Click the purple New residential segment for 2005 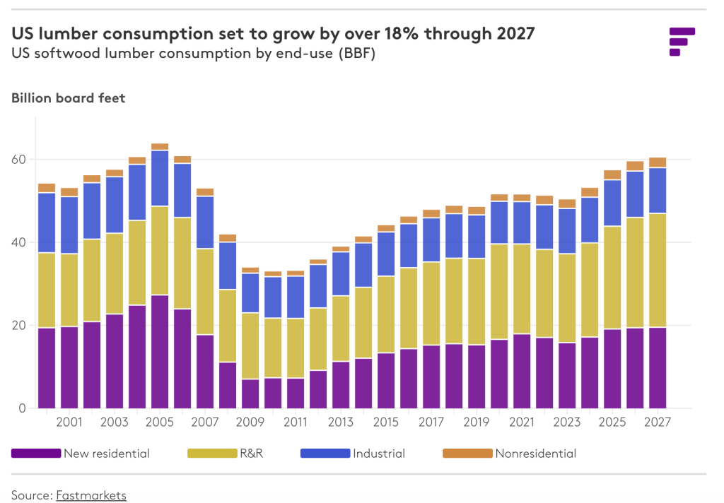[x=160, y=351]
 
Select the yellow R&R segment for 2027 [x=658, y=270]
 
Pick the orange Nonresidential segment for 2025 [x=612, y=174]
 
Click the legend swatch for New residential [x=35, y=454]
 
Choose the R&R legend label [x=252, y=454]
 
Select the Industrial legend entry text [x=379, y=454]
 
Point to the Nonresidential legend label [x=535, y=454]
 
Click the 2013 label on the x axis [x=341, y=422]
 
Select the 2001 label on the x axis [x=69, y=422]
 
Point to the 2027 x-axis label [x=658, y=422]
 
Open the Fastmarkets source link [x=91, y=495]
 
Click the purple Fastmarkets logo [x=681, y=41]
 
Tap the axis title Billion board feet [x=68, y=98]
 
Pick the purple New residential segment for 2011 [x=296, y=393]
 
